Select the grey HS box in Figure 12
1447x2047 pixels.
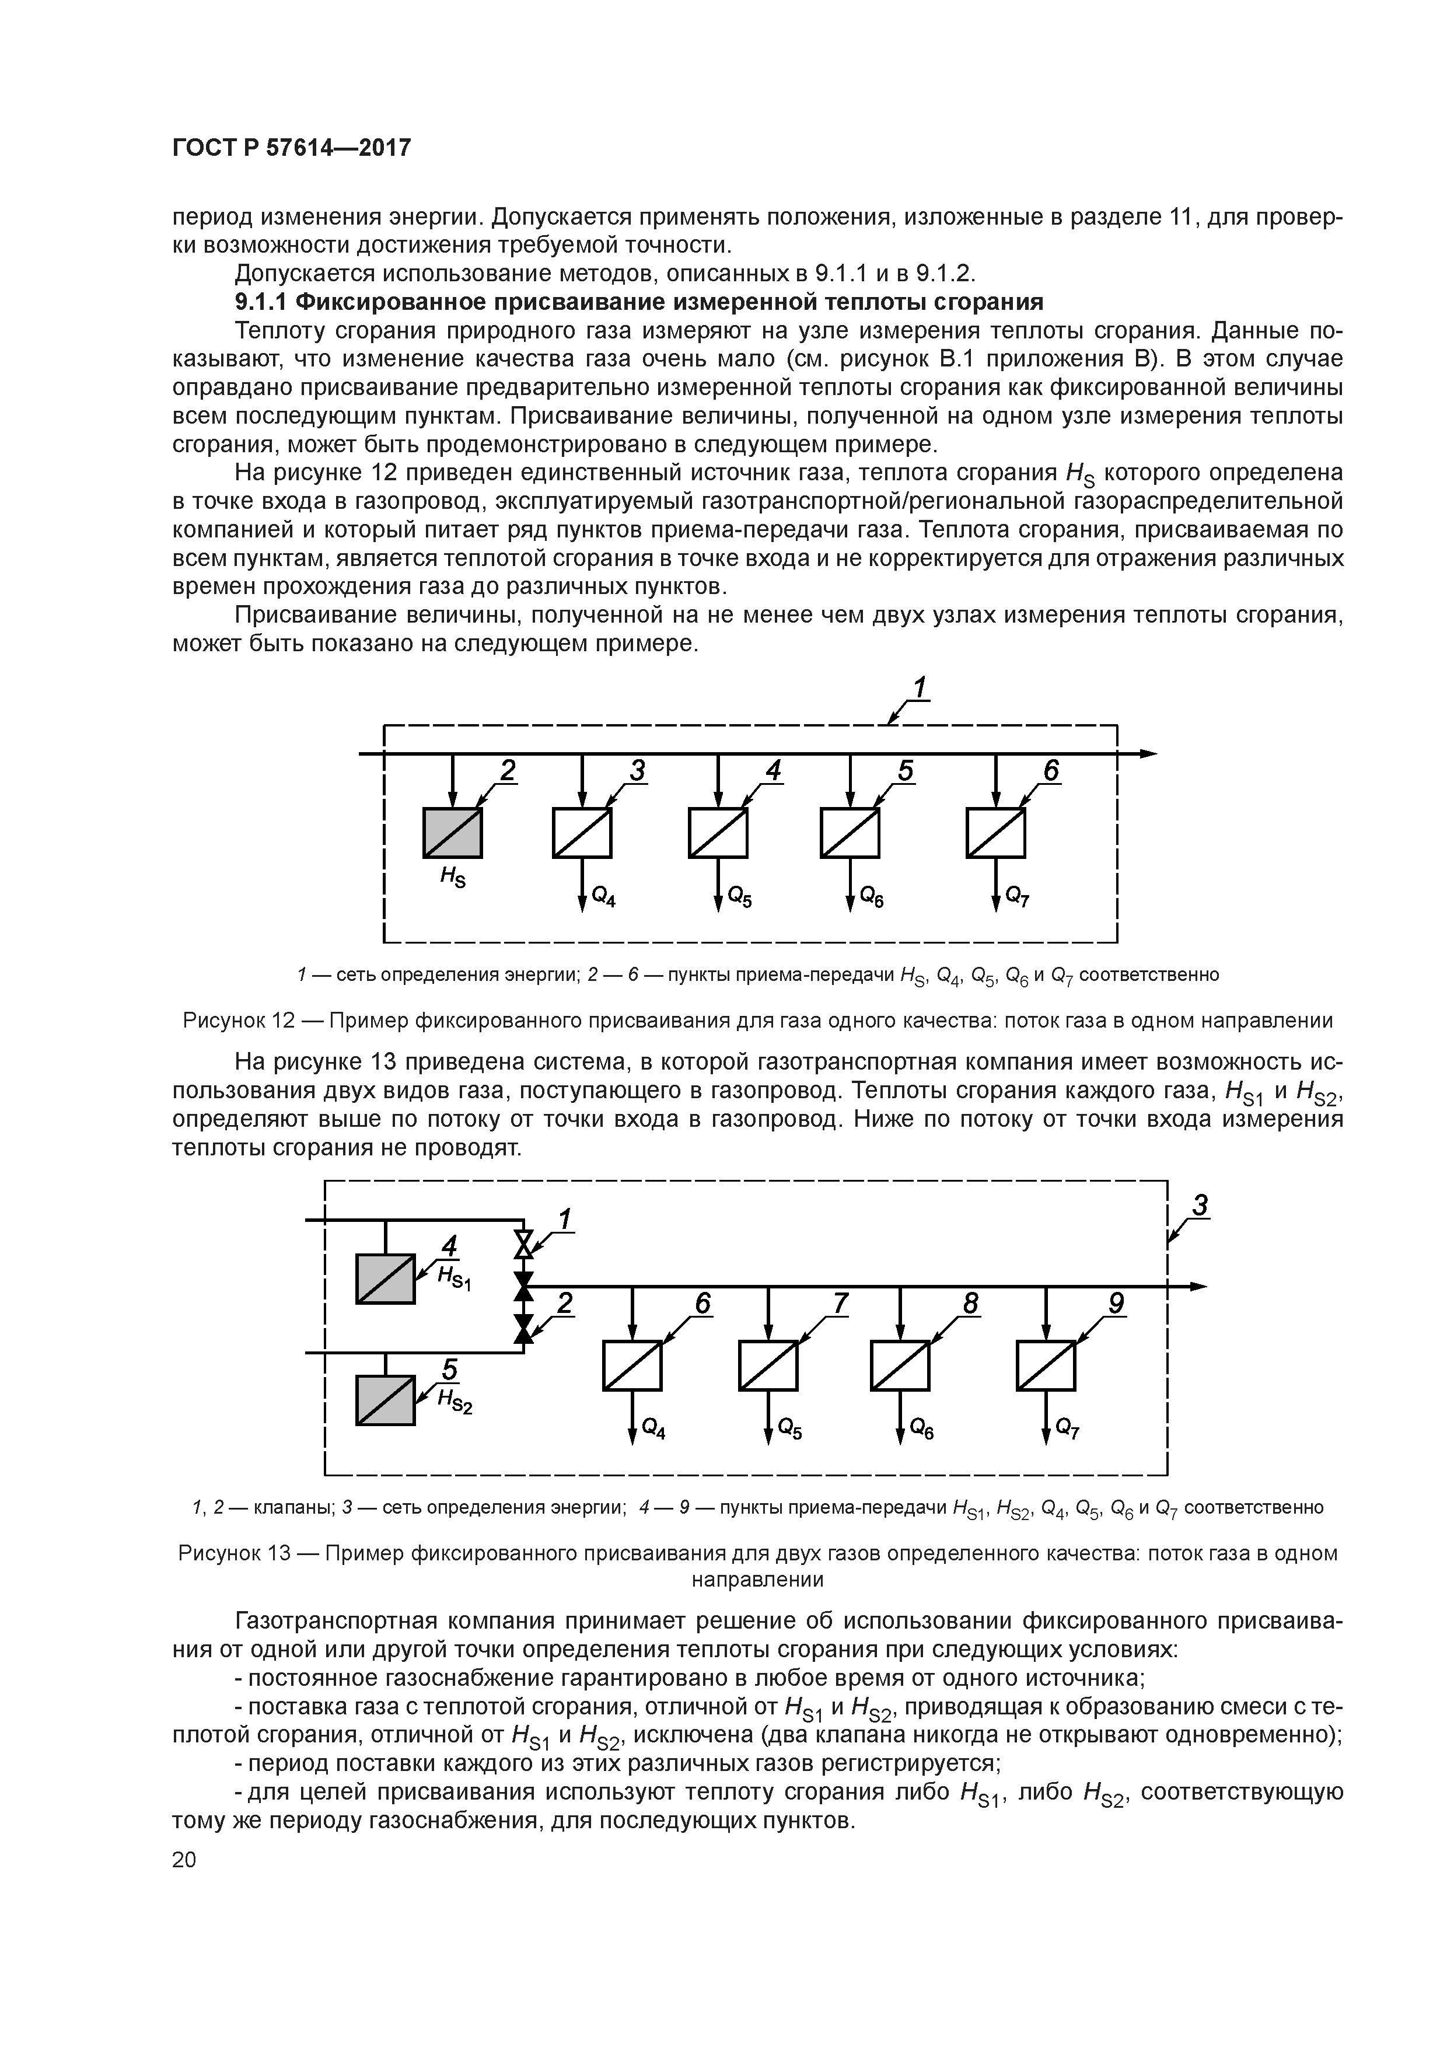(x=452, y=833)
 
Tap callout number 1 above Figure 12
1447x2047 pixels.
(x=919, y=689)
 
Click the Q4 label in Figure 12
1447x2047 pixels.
(x=603, y=898)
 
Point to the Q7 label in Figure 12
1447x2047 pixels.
(x=1017, y=898)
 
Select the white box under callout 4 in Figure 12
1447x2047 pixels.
(x=718, y=833)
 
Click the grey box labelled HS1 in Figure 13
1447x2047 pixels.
(x=385, y=1278)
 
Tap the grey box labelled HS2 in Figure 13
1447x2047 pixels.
(x=385, y=1400)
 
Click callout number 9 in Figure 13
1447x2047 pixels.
(x=1116, y=1304)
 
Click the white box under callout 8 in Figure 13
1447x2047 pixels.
(x=900, y=1366)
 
